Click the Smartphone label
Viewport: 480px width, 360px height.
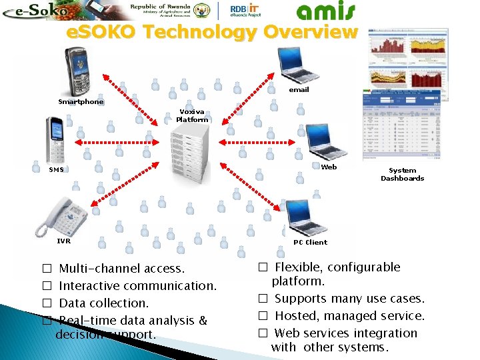[x=81, y=102]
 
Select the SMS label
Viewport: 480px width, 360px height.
[x=56, y=169]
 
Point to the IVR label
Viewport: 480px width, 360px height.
[x=63, y=241]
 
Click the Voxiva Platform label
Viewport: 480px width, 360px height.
[x=192, y=116]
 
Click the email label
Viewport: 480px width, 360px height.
[x=299, y=89]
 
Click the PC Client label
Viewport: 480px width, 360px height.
[x=310, y=243]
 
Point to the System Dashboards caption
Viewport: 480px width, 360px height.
[x=402, y=175]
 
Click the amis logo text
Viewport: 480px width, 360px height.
[x=326, y=11]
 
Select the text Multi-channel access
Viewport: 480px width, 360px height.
[x=122, y=269]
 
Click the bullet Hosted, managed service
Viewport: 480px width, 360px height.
[x=349, y=316]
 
